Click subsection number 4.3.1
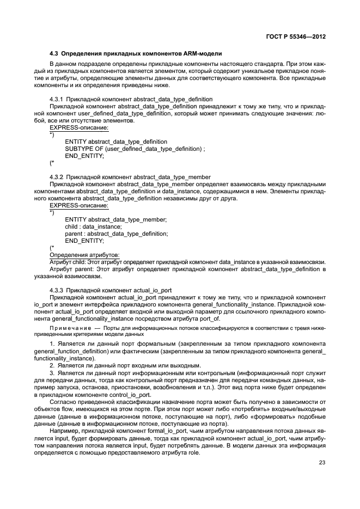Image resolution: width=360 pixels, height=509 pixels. [58, 99]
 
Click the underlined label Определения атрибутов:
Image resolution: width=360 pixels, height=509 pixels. [84, 254]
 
